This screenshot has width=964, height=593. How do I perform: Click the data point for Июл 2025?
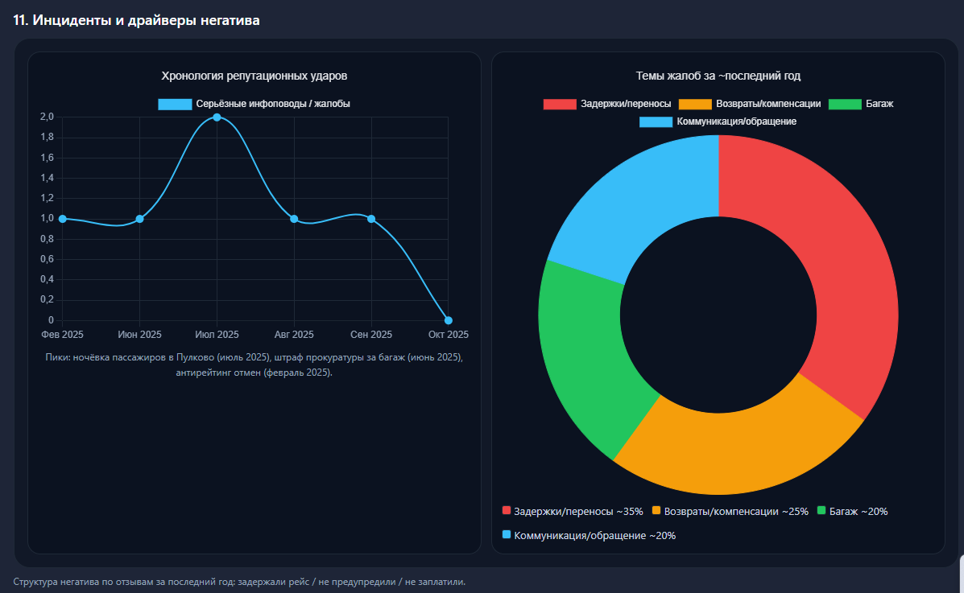click(x=217, y=117)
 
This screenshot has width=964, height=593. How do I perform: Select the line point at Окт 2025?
click(x=449, y=320)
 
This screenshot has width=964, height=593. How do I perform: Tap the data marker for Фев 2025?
click(x=63, y=219)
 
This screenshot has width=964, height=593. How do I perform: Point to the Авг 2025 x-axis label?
click(x=294, y=335)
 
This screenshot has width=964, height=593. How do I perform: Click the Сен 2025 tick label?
click(x=371, y=335)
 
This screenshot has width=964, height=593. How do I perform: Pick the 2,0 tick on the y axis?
click(x=47, y=117)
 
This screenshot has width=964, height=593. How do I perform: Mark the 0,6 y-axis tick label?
click(x=47, y=259)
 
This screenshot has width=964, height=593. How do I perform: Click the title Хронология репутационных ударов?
click(x=254, y=76)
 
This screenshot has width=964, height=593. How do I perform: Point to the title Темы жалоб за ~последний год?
click(x=718, y=76)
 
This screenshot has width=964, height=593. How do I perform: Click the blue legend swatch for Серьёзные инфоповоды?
click(x=175, y=104)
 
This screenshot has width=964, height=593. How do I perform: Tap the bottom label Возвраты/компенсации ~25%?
click(x=736, y=512)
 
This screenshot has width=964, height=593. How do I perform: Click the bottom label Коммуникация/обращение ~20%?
click(x=594, y=536)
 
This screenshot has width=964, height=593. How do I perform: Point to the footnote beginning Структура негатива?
click(x=239, y=581)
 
